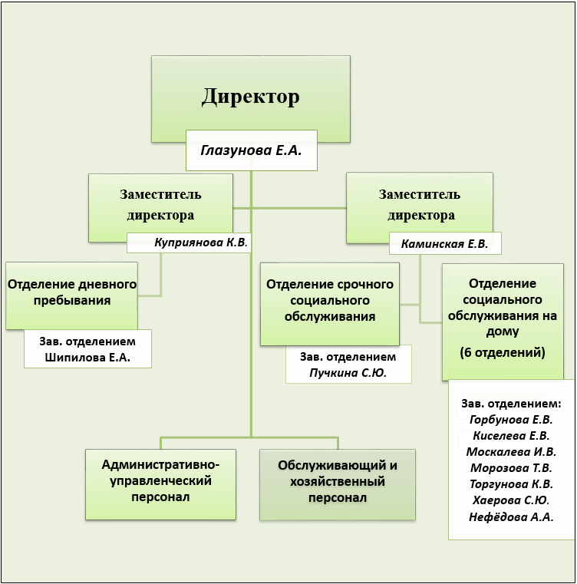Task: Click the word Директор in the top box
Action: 250,97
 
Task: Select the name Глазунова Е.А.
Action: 251,150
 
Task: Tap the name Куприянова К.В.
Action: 201,243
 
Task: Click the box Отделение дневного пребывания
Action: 71,292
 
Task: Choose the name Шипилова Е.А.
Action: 87,358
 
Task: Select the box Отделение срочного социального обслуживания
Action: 329,300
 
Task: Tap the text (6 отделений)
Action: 502,353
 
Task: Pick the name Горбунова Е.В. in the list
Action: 511,419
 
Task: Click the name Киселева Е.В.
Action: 511,435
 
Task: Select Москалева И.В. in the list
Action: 511,451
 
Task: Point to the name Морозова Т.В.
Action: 511,468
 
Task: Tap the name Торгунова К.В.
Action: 511,484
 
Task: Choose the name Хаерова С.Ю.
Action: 511,500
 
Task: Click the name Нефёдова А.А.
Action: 511,517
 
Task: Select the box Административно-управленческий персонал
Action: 160,480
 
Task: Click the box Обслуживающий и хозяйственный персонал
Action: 338,481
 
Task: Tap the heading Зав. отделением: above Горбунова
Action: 511,403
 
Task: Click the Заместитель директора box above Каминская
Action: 419,205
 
